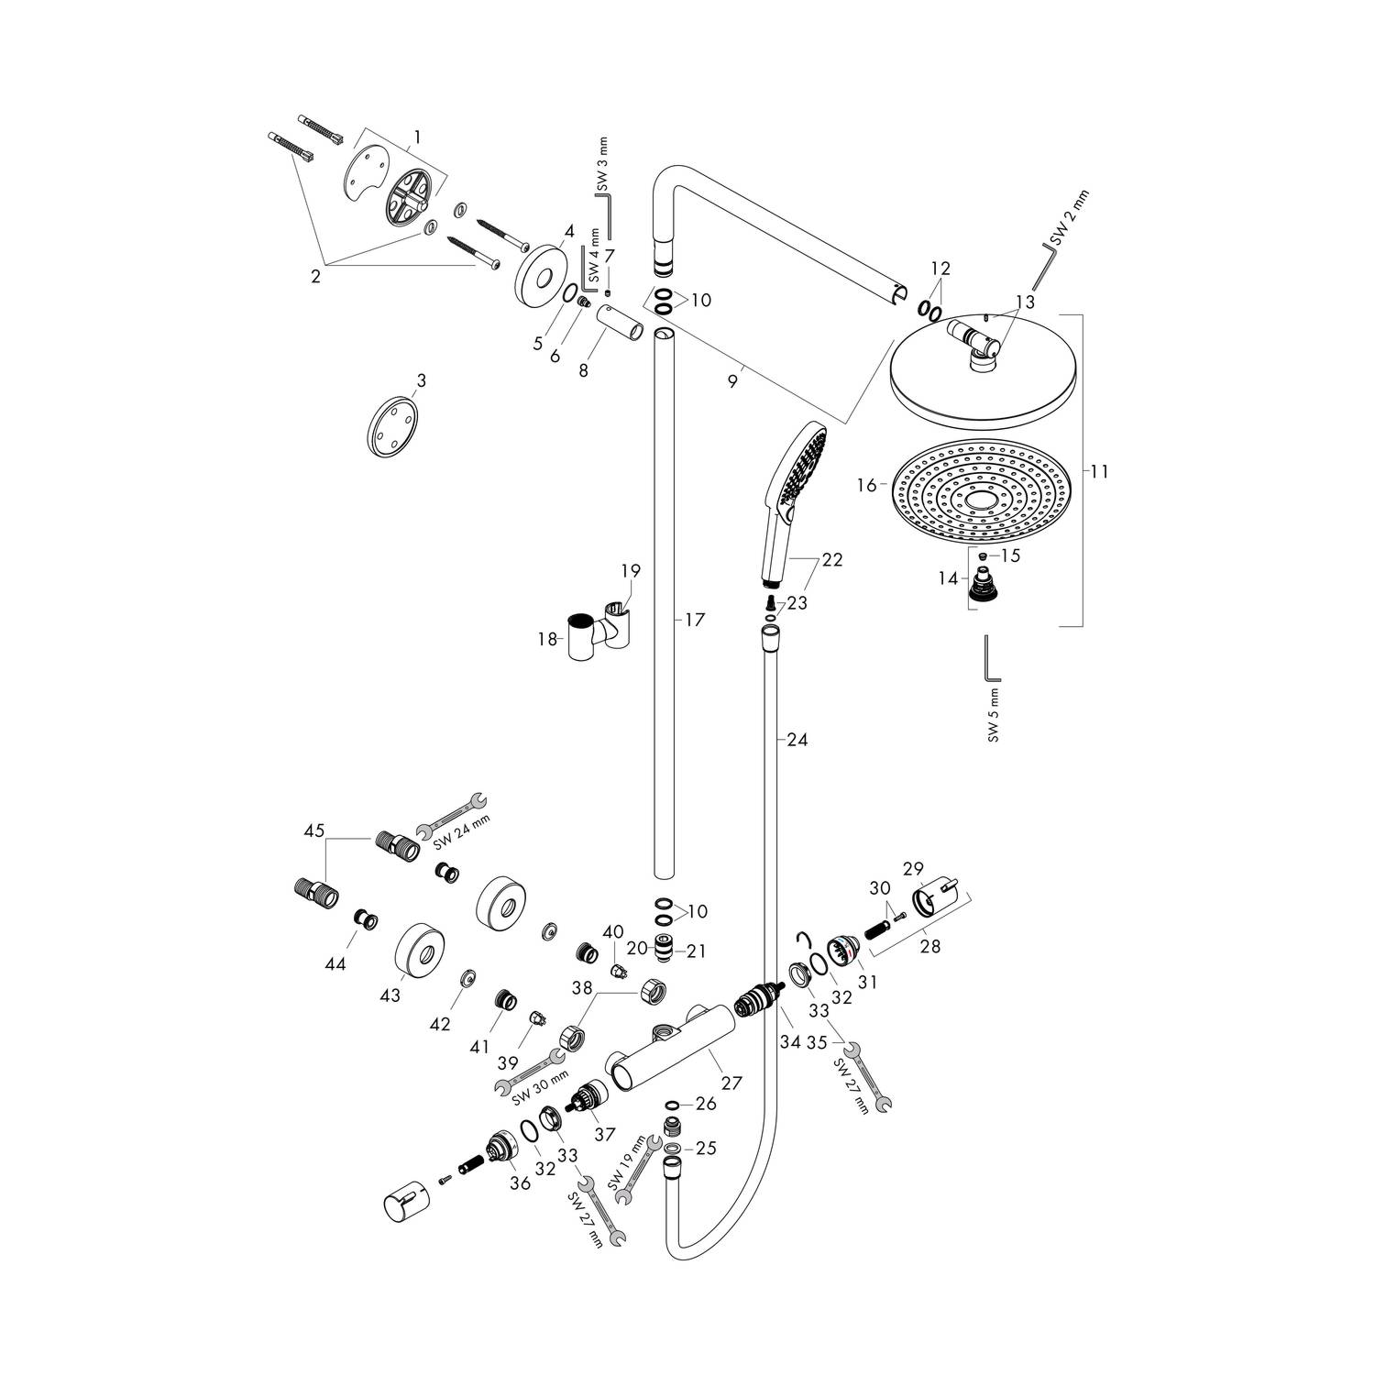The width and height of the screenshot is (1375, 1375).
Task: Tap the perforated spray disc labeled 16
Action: [980, 496]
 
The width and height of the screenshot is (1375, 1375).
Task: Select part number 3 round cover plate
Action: [391, 426]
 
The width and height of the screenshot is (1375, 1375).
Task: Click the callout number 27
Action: [731, 1083]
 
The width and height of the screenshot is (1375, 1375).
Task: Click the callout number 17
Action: [694, 621]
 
